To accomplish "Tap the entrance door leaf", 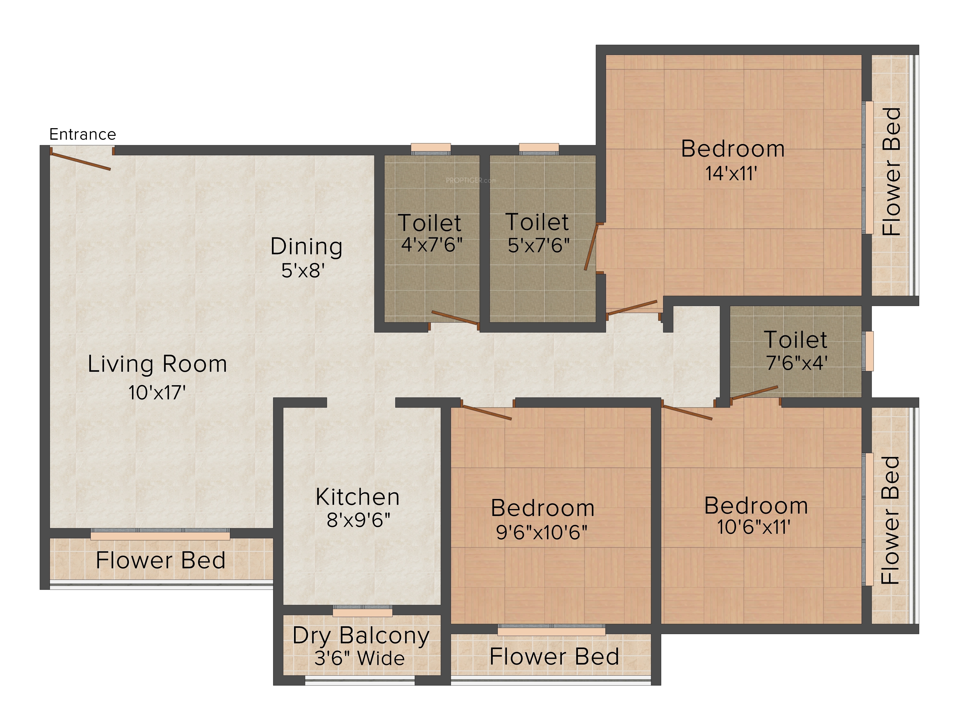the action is (80, 159).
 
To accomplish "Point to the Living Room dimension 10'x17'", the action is (157, 392).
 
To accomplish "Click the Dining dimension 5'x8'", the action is (303, 270).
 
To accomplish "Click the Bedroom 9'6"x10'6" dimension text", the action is (542, 532).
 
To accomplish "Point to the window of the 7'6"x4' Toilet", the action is (869, 351).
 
